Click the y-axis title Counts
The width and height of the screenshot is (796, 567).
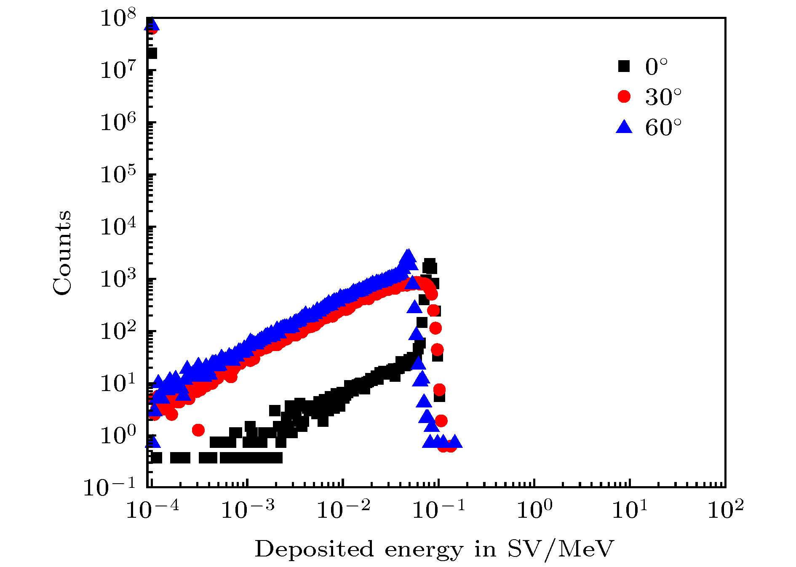coord(62,253)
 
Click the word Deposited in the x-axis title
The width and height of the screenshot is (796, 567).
coord(314,549)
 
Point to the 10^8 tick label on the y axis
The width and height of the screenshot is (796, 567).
coord(118,19)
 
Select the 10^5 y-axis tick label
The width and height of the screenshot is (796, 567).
coord(118,175)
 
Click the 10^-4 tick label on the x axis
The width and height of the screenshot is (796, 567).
coord(152,510)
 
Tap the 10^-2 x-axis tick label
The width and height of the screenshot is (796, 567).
coord(343,510)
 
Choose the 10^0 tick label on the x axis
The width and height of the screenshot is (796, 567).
coord(534,510)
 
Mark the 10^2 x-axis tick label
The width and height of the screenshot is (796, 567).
coord(726,510)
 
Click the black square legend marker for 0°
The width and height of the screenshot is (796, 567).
coord(624,66)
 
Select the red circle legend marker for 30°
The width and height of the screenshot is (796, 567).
coord(624,96)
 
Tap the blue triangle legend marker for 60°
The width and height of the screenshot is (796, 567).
coord(624,127)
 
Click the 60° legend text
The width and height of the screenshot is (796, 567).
coord(663,127)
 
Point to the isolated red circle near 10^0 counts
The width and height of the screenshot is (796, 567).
coord(198,430)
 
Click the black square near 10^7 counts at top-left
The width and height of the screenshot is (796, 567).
coord(152,53)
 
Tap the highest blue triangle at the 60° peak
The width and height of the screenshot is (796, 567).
coord(407,255)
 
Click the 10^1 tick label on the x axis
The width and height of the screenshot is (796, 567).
coord(630,510)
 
